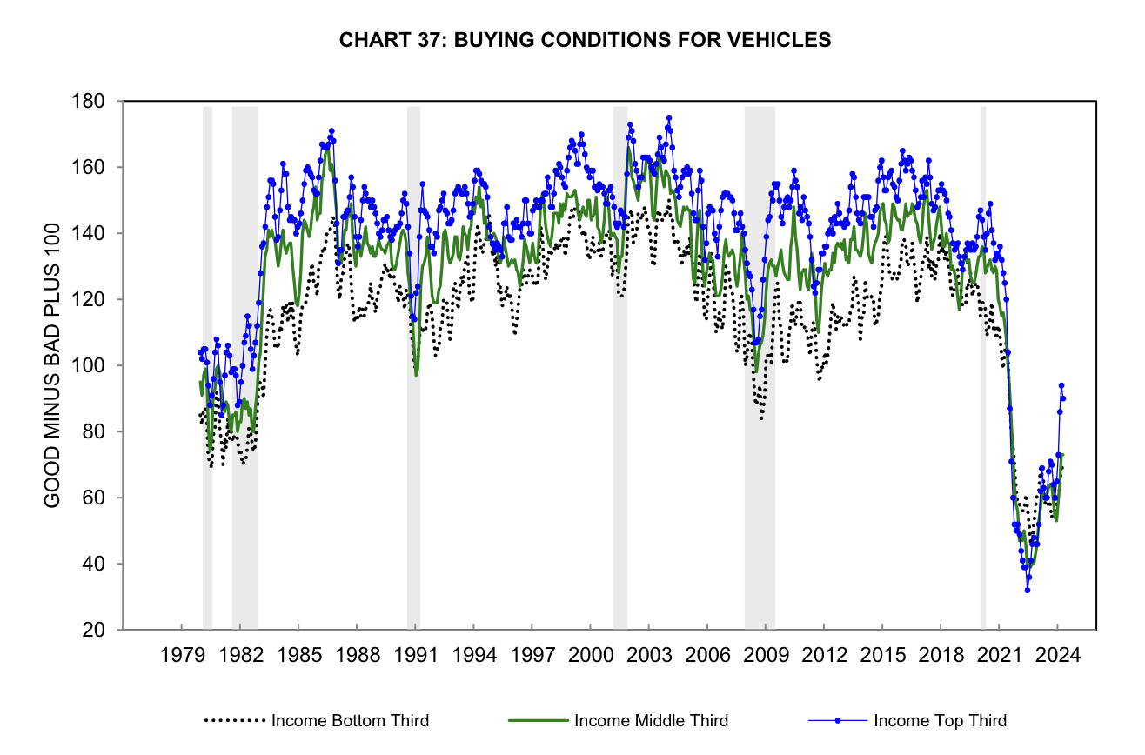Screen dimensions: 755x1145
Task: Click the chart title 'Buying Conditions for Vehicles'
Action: click(585, 40)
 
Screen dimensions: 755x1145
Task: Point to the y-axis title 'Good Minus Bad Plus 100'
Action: click(52, 365)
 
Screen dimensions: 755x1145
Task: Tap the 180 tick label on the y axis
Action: click(90, 101)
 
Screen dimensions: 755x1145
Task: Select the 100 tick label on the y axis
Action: click(90, 365)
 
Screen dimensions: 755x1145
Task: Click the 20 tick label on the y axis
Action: click(95, 630)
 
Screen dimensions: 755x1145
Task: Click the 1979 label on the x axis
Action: click(182, 654)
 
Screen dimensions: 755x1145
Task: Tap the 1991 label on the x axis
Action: click(416, 654)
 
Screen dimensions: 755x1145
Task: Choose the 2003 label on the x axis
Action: click(649, 654)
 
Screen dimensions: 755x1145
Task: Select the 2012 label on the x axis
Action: click(824, 654)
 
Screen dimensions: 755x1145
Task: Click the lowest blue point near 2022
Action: click(1028, 590)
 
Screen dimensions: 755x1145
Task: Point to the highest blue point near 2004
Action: click(669, 117)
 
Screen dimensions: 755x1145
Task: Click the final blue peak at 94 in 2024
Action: click(1061, 385)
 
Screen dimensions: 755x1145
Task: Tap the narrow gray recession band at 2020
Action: click(983, 365)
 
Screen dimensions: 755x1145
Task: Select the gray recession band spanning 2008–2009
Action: click(760, 365)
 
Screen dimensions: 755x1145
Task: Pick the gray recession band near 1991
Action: click(413, 365)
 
